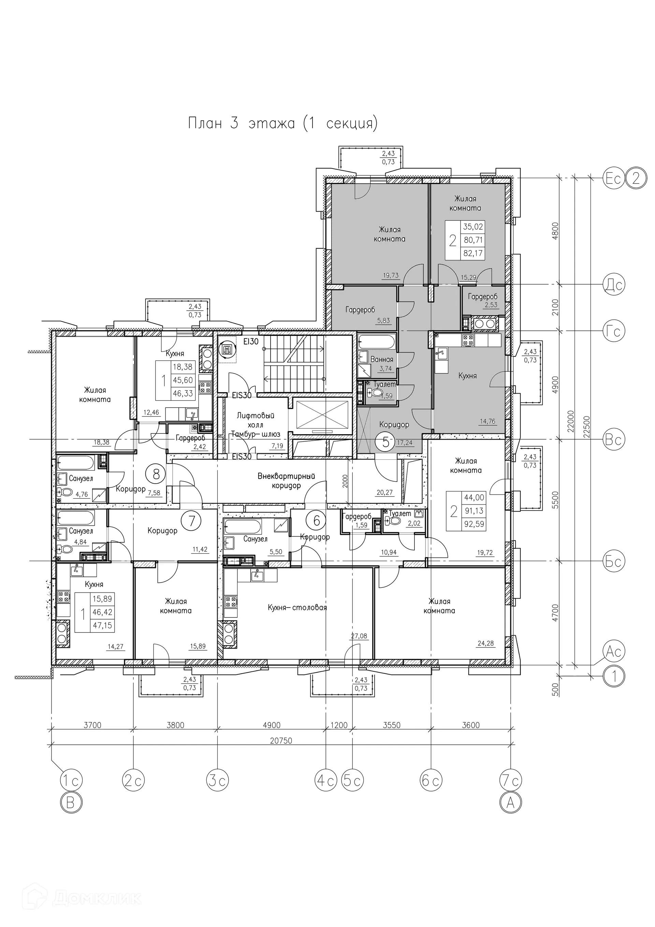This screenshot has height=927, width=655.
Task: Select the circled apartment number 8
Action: point(156,474)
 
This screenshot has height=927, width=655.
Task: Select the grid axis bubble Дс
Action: point(613,285)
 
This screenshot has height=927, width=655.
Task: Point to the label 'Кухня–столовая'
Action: point(297,607)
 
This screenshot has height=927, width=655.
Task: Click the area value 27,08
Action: point(359,636)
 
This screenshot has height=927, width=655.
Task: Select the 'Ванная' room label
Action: point(381,359)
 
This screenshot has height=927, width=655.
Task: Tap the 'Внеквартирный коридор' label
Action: point(286,481)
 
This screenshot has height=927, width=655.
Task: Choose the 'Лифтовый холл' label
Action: point(256,420)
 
